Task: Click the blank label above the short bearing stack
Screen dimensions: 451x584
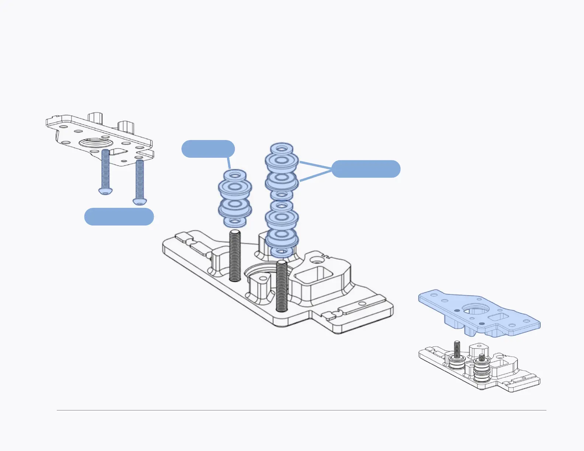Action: [208, 149]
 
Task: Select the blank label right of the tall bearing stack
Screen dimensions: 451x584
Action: [366, 169]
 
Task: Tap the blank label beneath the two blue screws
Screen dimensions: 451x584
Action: [119, 217]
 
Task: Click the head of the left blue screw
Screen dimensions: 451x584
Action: [105, 190]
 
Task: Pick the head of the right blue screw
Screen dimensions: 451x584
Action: [140, 201]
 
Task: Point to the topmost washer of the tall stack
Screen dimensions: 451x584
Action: [282, 149]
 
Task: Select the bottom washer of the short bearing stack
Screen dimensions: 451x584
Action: [235, 221]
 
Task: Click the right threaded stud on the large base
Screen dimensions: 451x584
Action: [282, 286]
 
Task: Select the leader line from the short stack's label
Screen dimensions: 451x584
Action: [229, 163]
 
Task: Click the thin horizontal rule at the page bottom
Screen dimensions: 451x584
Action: [301, 410]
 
